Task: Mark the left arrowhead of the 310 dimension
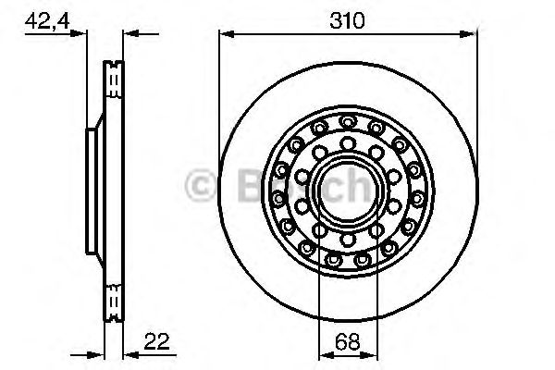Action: point(224,35)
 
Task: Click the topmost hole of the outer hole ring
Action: point(348,121)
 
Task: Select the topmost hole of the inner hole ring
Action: point(348,142)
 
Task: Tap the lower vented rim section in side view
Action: point(113,301)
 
